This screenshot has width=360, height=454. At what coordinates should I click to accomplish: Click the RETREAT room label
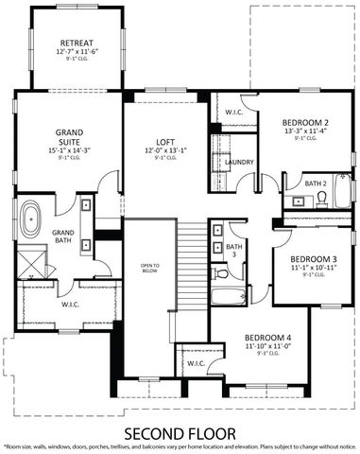[76, 44]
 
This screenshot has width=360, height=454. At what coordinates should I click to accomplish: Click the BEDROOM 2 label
[304, 123]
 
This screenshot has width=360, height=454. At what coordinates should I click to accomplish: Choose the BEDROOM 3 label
[313, 258]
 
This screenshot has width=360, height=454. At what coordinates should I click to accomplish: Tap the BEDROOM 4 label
[267, 338]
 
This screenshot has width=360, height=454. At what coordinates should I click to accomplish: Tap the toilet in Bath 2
[322, 198]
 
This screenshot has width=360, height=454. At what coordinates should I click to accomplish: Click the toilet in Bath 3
[221, 273]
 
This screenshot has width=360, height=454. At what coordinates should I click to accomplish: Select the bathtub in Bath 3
[230, 297]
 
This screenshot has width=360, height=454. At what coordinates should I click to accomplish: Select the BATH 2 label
[316, 182]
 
